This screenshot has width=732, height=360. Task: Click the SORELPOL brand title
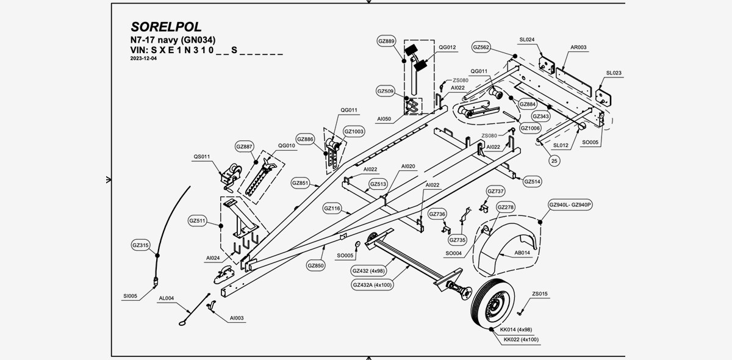(x=166, y=27)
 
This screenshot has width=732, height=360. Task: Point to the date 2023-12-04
(x=144, y=59)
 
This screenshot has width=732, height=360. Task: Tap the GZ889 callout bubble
(x=387, y=41)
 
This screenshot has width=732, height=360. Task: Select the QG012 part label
(x=447, y=47)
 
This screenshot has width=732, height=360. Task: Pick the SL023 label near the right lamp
(x=613, y=73)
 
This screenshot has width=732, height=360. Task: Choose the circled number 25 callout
(x=554, y=161)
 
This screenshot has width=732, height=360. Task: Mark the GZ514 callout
(x=532, y=181)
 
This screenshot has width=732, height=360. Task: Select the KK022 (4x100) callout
(x=520, y=339)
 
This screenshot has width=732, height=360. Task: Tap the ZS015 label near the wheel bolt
(x=539, y=294)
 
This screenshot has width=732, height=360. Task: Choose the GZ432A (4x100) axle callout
(x=372, y=284)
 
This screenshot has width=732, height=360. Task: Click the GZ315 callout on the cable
(x=140, y=245)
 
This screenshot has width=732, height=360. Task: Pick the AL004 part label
(x=167, y=298)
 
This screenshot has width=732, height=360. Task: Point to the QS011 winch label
(x=202, y=157)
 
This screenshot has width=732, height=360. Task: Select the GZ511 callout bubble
(x=198, y=220)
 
